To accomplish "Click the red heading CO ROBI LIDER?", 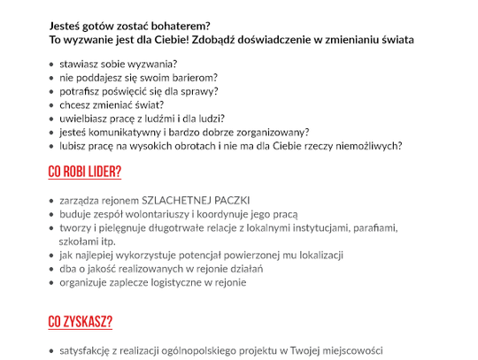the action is (x=85, y=172).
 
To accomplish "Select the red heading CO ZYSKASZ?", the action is (x=81, y=322).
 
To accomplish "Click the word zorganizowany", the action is (x=266, y=132).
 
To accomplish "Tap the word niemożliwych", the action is (x=367, y=145).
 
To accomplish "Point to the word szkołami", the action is (x=77, y=241).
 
